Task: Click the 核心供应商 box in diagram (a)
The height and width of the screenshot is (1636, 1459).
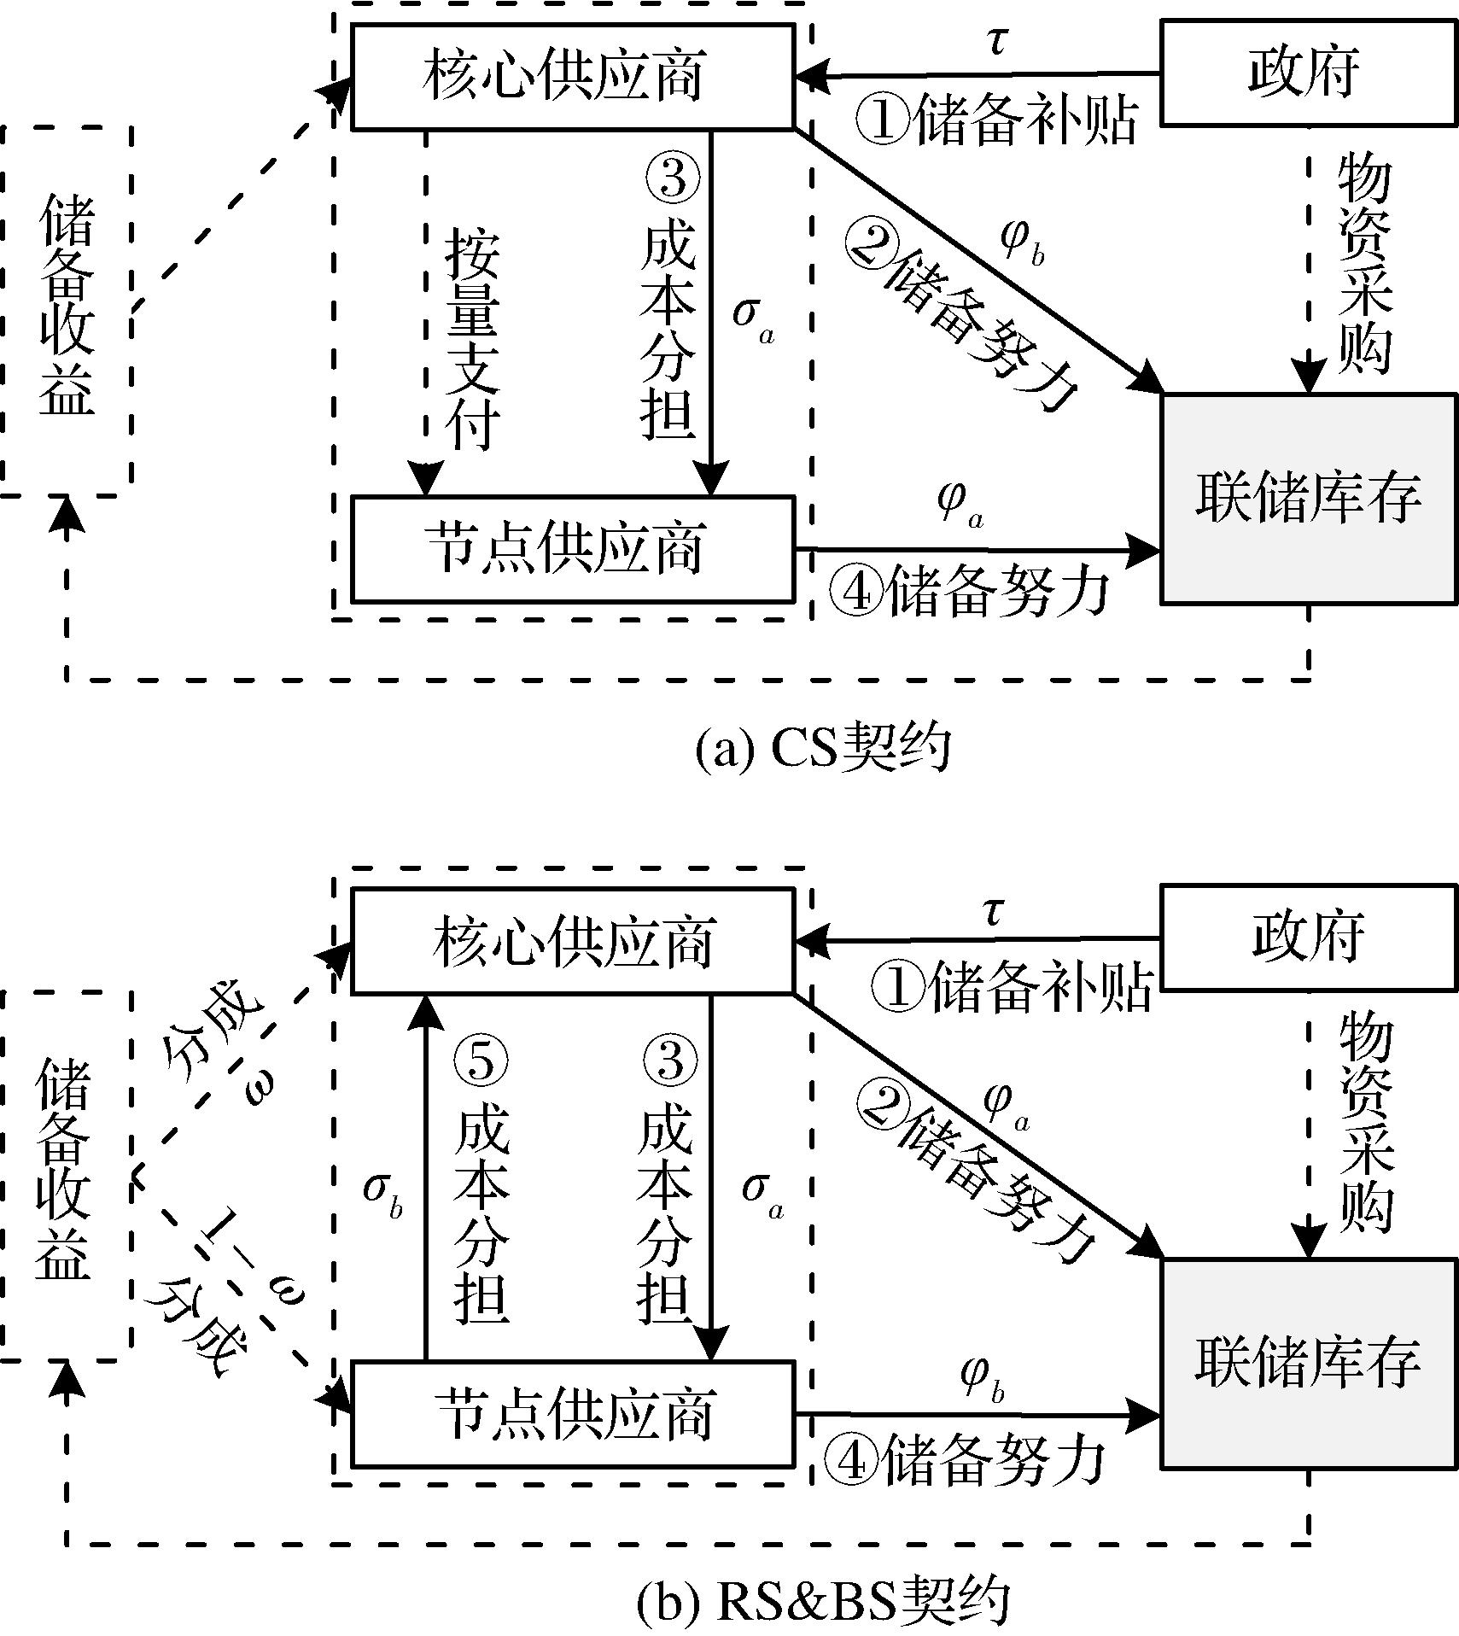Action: (x=573, y=77)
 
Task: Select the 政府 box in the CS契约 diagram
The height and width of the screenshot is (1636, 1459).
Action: (x=1307, y=73)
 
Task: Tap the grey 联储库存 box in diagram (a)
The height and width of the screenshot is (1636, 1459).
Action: (x=1307, y=499)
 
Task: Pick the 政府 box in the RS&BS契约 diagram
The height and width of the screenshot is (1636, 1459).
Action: (x=1307, y=938)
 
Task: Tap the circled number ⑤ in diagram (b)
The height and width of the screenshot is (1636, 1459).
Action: (x=481, y=1060)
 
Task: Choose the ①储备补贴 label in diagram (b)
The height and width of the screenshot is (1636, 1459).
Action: (x=1012, y=986)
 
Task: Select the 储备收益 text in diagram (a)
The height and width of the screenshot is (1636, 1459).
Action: (x=67, y=305)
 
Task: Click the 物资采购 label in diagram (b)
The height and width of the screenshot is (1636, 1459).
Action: (x=1364, y=1122)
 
